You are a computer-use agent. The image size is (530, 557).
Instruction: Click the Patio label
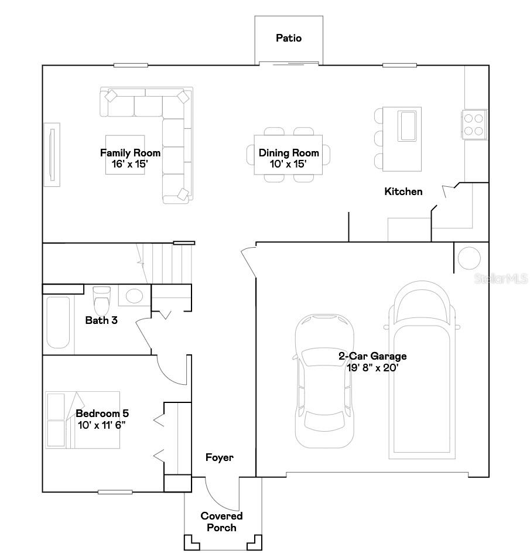(289, 38)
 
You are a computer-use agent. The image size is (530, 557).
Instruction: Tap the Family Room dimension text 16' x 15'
(130, 165)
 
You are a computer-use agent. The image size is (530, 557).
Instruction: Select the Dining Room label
(289, 153)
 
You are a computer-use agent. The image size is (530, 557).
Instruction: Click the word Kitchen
(403, 192)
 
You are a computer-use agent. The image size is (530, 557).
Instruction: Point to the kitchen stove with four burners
(474, 124)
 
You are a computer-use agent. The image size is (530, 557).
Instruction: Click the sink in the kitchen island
(407, 125)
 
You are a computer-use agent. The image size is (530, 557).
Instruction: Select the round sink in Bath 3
(134, 295)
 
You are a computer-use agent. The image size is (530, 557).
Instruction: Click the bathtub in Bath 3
(58, 323)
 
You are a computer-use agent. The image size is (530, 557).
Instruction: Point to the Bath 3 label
(101, 320)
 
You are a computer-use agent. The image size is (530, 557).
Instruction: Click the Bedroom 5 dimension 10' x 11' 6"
(101, 425)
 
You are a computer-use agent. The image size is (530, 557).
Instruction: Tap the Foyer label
(220, 457)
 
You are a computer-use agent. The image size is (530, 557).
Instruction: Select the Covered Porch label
(221, 521)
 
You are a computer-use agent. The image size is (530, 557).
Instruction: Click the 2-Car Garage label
(372, 356)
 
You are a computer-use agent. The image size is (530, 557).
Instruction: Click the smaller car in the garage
(324, 381)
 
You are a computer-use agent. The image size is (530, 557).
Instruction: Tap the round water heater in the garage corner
(469, 258)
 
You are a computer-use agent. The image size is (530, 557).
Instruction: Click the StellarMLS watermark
(502, 279)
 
